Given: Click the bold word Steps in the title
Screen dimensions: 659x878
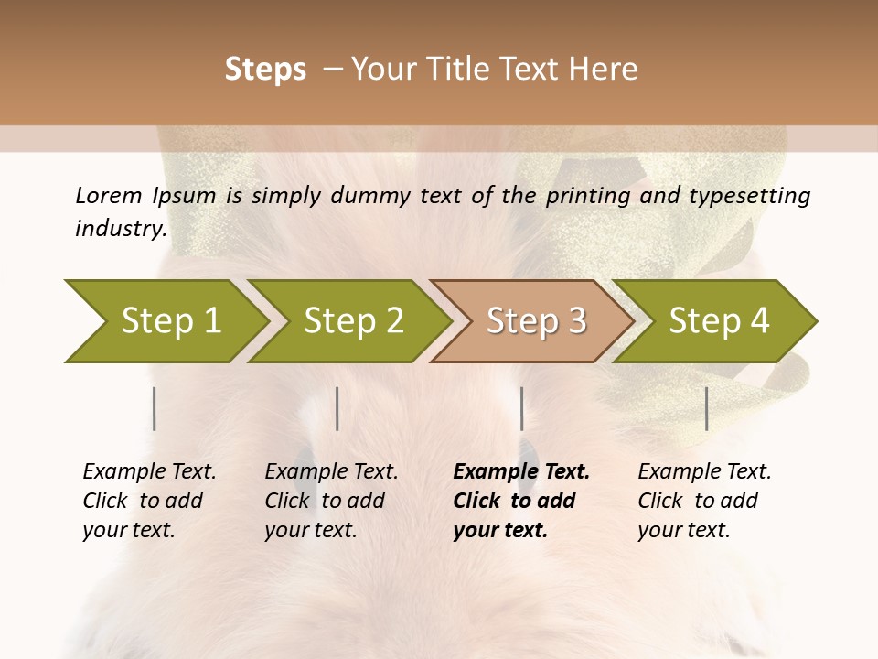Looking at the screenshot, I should (x=265, y=70).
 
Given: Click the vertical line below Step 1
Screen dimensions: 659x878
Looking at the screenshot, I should (x=155, y=408).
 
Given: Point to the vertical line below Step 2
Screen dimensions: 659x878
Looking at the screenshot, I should (x=337, y=408).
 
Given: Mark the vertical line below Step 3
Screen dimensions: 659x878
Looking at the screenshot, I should (x=521, y=408).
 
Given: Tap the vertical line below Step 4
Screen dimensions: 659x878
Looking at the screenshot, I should (x=706, y=408).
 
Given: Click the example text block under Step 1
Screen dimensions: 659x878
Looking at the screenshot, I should (x=149, y=501).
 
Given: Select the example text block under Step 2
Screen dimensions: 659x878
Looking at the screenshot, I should (x=331, y=501).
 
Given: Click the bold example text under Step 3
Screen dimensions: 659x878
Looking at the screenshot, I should (x=520, y=501).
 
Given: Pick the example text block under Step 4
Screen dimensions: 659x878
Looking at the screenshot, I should (x=704, y=501).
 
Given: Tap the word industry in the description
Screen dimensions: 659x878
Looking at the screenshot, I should (x=120, y=228).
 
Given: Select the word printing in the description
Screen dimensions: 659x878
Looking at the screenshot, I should (x=590, y=195).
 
